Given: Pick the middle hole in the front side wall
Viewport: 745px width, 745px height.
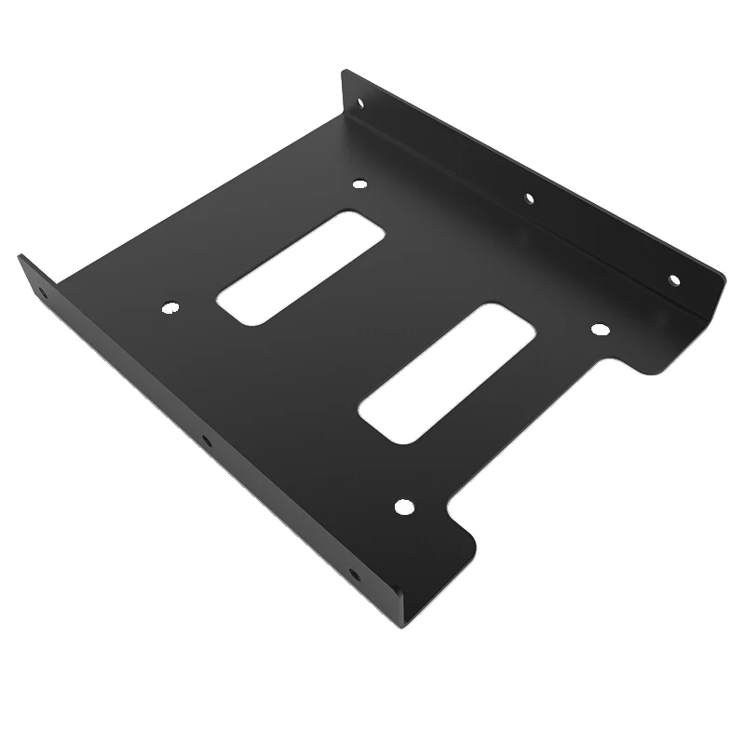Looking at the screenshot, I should click(x=206, y=440).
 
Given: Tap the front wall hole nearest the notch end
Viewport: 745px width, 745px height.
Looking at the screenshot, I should click(x=352, y=575).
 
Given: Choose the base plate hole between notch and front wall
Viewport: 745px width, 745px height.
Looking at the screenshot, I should click(x=402, y=508).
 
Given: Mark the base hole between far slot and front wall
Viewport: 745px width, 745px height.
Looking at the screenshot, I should click(x=169, y=306).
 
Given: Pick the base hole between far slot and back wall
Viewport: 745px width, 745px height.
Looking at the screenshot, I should click(x=360, y=185).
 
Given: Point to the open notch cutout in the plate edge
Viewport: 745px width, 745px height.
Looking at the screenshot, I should click(x=549, y=438).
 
